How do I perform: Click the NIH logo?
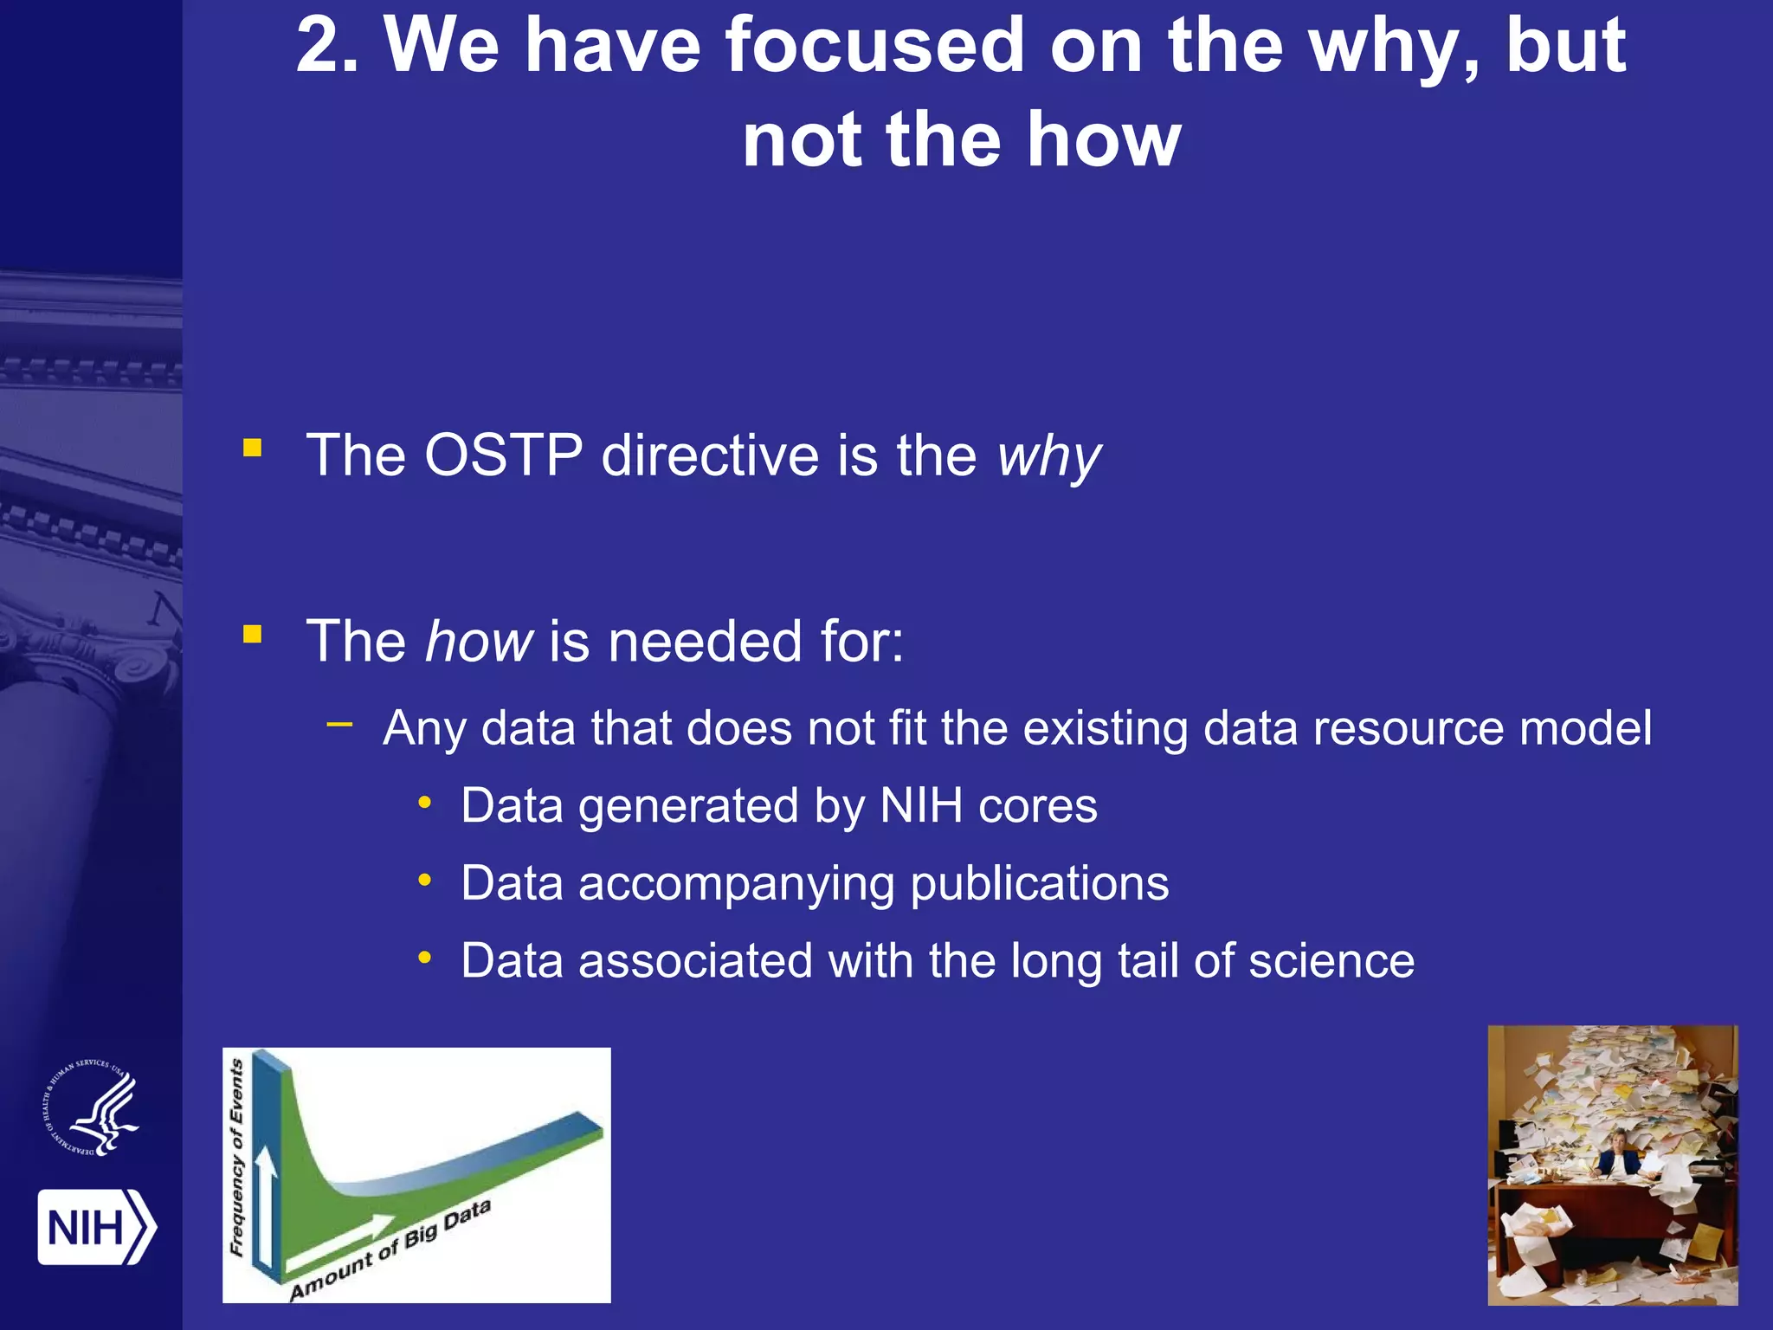coord(96,1227)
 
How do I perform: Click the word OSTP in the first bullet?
coord(503,455)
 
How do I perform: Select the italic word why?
coord(1048,457)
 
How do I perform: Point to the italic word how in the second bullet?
coord(479,642)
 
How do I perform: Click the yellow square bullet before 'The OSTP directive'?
coord(253,448)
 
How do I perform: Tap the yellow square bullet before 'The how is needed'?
coord(253,635)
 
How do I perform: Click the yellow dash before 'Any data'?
coord(340,723)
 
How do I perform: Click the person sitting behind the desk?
coord(1615,1152)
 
